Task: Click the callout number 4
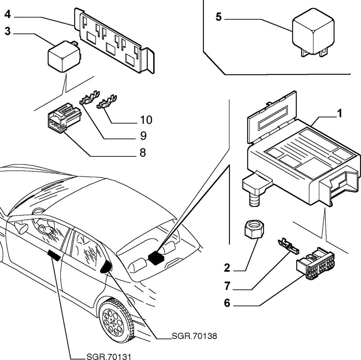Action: (x=8, y=14)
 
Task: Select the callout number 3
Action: (x=8, y=31)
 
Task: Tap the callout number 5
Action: (x=219, y=17)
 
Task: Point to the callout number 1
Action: (x=340, y=113)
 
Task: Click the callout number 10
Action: (x=146, y=120)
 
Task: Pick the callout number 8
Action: (x=143, y=152)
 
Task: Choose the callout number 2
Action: (x=227, y=268)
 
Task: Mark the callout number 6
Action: (x=227, y=303)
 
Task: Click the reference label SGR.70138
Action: (x=194, y=336)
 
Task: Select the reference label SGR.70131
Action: (x=109, y=357)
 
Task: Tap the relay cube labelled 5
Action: (x=313, y=32)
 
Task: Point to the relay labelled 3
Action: (x=64, y=56)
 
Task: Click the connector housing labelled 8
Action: (x=64, y=118)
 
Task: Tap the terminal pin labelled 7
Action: (x=289, y=247)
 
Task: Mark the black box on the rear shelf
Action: (x=156, y=258)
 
